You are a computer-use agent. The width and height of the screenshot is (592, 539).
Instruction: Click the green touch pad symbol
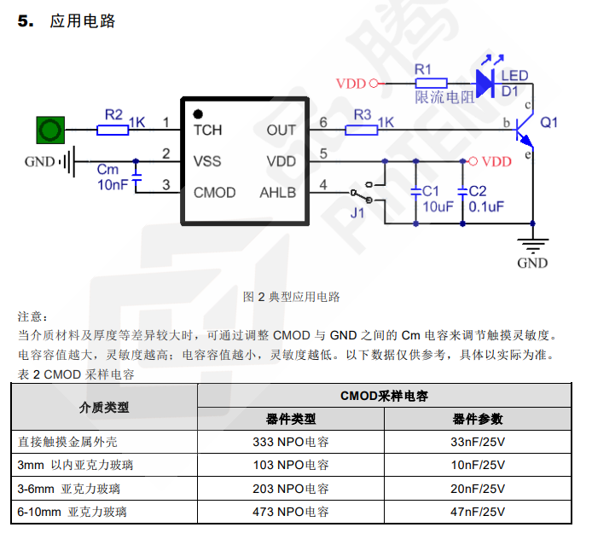(50, 130)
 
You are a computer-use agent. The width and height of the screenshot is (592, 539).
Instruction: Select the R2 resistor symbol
(113, 130)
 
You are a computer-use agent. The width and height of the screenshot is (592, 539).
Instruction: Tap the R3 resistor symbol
(362, 130)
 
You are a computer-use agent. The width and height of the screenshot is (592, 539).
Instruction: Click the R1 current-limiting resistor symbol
(432, 84)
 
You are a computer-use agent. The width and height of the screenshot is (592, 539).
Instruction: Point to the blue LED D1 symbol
(485, 83)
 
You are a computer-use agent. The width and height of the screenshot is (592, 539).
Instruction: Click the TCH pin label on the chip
(207, 130)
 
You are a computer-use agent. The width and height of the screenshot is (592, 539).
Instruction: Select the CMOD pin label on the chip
(214, 193)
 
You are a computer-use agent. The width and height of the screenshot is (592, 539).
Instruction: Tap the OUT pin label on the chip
(281, 130)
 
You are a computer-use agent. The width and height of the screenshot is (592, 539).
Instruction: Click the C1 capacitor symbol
(416, 192)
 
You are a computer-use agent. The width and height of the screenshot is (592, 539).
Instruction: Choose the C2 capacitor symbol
(462, 192)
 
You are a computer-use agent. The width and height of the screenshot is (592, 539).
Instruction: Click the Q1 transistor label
(549, 122)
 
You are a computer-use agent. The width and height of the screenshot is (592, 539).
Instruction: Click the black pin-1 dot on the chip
(198, 113)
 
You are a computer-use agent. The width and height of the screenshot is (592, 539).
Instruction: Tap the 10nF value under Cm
(113, 184)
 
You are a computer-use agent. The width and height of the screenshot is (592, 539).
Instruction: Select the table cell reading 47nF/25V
(477, 513)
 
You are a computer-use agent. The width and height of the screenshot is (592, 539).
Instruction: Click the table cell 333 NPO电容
(291, 442)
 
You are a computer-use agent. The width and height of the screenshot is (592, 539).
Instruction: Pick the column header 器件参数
(477, 419)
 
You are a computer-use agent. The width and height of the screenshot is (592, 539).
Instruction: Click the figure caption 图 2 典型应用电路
(292, 297)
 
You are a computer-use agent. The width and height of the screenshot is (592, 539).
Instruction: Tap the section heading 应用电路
(83, 21)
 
